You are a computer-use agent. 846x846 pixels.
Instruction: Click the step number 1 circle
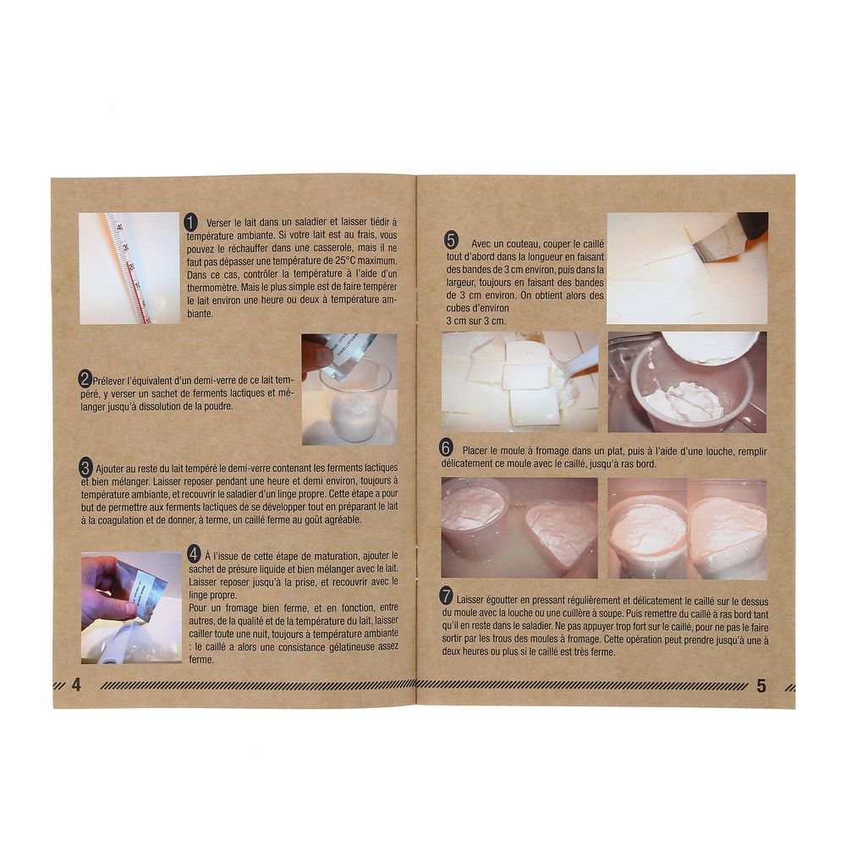(191, 222)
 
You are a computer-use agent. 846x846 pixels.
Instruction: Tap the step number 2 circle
(85, 379)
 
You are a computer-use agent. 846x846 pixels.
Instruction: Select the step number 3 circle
(85, 467)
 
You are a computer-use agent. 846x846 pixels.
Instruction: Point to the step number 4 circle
(195, 553)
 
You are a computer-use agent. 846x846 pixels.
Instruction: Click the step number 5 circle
(451, 240)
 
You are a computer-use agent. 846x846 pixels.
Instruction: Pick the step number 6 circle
(446, 448)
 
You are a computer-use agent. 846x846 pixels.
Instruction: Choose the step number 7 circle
(446, 596)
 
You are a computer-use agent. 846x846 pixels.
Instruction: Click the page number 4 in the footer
(76, 684)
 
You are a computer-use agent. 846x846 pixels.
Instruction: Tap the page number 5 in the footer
(761, 686)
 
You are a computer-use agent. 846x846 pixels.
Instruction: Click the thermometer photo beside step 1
(129, 268)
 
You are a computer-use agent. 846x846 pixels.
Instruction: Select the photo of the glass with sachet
(349, 389)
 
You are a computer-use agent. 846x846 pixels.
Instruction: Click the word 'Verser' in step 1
(218, 222)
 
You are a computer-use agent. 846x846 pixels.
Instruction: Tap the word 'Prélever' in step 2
(110, 381)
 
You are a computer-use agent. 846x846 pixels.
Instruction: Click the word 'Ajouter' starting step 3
(109, 469)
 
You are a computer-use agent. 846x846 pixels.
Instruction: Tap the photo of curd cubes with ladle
(519, 382)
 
